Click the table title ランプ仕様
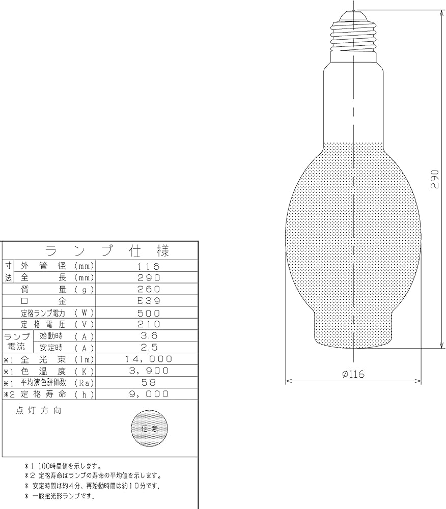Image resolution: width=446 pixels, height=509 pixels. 107,251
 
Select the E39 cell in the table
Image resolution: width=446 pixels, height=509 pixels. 148,301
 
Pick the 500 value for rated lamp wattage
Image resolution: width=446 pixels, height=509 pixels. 148,313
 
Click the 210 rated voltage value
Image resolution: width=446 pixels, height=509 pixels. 148,324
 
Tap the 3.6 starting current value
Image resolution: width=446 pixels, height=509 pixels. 148,335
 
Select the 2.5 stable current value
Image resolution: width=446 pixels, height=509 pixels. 148,347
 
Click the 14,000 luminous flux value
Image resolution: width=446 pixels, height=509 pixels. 148,359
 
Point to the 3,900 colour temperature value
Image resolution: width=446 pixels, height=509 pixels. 148,371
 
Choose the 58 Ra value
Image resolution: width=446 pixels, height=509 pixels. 148,382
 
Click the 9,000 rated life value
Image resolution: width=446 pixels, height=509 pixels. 148,394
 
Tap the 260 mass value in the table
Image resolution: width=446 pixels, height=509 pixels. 148,289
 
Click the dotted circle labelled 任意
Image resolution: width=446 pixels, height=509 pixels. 149,429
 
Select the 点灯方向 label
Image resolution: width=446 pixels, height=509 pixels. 39,411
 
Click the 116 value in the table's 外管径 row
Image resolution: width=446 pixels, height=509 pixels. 148,266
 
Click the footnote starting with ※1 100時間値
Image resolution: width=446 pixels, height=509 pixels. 63,466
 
